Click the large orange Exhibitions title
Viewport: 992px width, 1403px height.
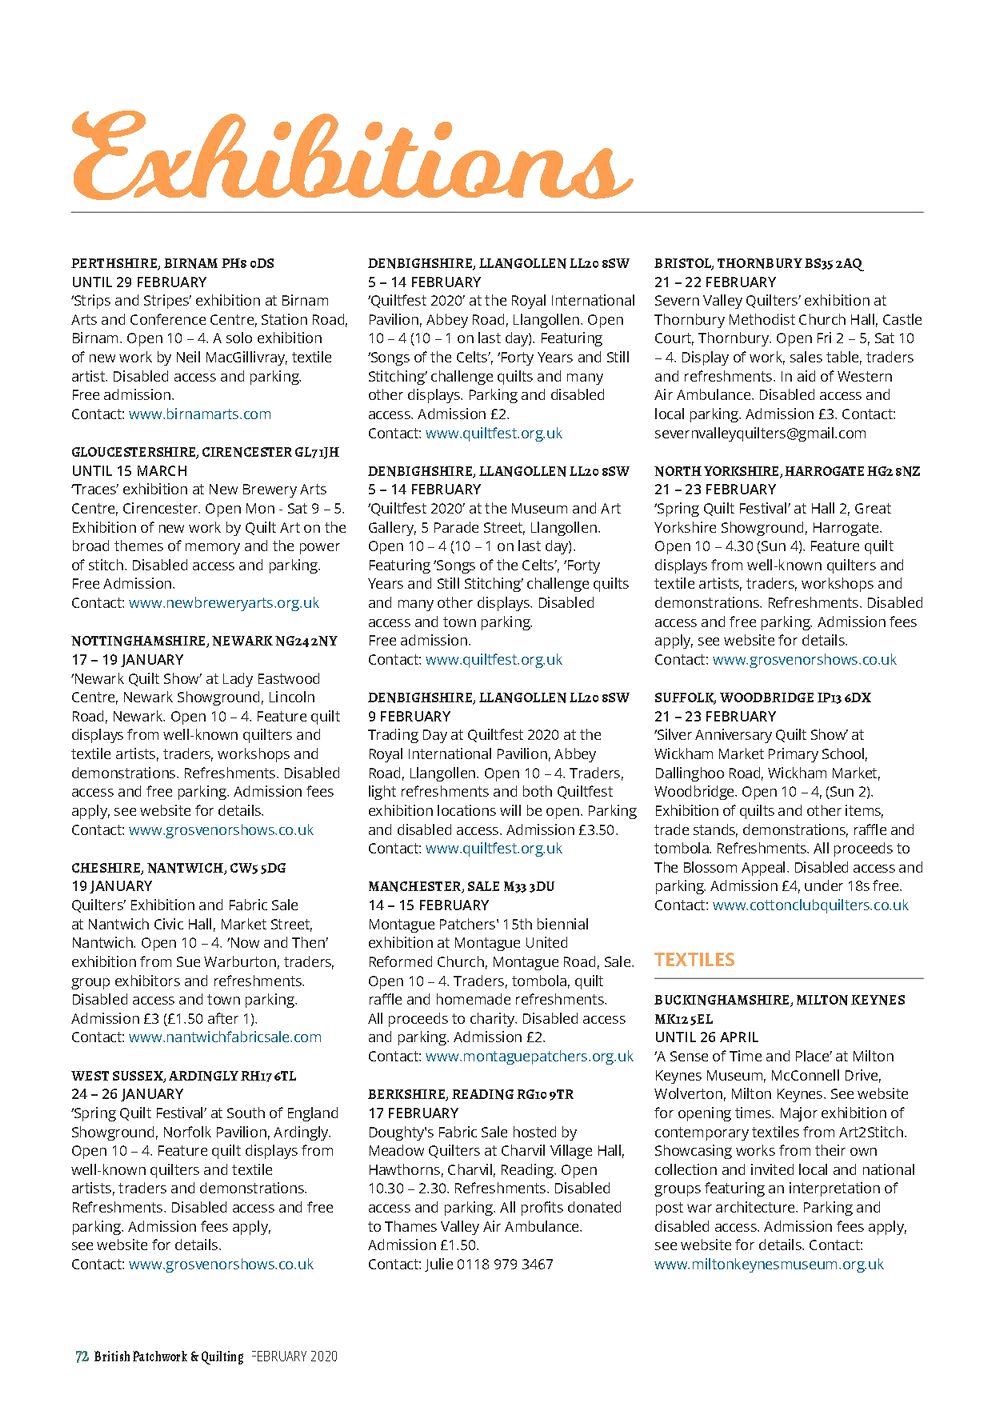coord(350,157)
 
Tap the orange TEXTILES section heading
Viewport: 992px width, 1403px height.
coord(694,960)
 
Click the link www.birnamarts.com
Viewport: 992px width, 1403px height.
coord(200,414)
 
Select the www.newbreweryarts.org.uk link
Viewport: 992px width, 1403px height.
coord(224,603)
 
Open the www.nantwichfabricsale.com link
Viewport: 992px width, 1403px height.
coord(225,1037)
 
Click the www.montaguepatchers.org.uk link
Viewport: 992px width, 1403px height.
coord(529,1056)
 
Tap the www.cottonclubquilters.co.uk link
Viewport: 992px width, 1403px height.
coord(810,905)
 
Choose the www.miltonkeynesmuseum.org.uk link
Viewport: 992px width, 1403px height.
coord(769,1264)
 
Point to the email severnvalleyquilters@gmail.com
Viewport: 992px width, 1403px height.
coord(760,433)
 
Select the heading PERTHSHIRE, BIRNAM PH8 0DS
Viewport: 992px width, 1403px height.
coord(172,263)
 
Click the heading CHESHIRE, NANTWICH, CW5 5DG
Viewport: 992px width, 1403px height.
coord(178,868)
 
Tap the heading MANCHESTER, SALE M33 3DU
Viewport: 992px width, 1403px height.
coord(461,886)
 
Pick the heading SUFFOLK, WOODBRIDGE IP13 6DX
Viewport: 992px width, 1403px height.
coord(762,697)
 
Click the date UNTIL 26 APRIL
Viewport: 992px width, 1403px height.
coord(706,1037)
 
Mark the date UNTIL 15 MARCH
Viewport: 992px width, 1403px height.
coord(129,471)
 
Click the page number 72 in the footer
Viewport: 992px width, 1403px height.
coord(81,1357)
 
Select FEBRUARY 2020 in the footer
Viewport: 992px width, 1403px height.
coord(295,1357)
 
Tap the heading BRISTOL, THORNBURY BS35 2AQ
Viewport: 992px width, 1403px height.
coord(757,263)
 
